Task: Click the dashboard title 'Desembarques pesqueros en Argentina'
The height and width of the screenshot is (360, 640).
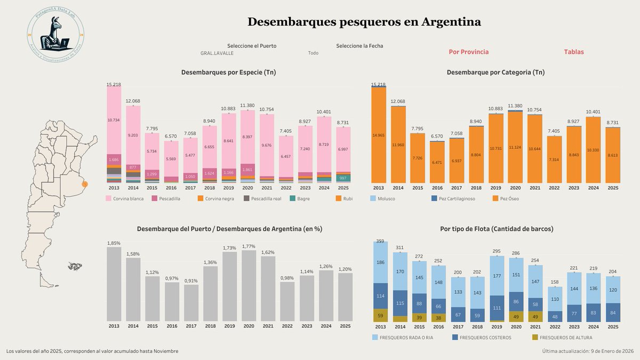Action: [x=364, y=22]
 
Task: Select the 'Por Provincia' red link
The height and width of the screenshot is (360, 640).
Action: [x=468, y=52]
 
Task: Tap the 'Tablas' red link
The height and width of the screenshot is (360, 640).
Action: [x=574, y=52]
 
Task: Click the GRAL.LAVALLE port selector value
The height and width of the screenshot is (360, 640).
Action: [x=217, y=53]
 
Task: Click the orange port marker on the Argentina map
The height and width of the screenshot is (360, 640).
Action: [x=85, y=184]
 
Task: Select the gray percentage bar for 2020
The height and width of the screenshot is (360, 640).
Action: [x=248, y=285]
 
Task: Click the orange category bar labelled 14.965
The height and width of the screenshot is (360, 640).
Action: [x=378, y=135]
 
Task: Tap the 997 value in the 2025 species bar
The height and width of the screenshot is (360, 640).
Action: [x=343, y=178]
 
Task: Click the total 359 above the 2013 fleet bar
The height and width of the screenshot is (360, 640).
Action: [x=380, y=242]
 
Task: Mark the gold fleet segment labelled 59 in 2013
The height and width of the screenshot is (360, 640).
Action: [x=380, y=315]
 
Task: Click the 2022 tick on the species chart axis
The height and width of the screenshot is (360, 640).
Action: [x=286, y=188]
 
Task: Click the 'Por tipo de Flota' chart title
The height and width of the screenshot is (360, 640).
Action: [x=497, y=229]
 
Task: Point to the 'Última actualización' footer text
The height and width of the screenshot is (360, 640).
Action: [x=588, y=351]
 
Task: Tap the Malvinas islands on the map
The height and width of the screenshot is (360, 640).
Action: [x=75, y=266]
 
